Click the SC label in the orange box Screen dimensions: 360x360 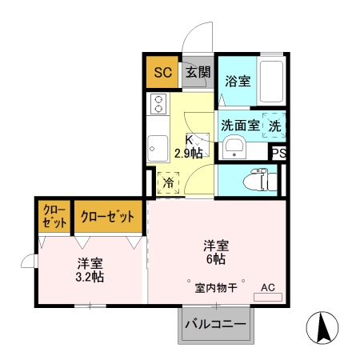[162, 73]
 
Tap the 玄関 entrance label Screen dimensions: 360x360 [198, 73]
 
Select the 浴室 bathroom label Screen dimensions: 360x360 [238, 81]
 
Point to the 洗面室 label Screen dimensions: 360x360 [240, 125]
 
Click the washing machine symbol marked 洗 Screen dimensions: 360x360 [274, 126]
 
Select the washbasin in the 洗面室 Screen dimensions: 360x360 [234, 146]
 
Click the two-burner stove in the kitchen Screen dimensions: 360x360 [158, 104]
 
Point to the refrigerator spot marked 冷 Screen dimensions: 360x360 [169, 182]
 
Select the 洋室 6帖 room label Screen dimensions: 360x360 [214, 252]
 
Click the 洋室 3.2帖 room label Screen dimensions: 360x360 [89, 270]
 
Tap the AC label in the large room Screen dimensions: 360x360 [267, 287]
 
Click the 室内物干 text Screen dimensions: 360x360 [215, 288]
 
